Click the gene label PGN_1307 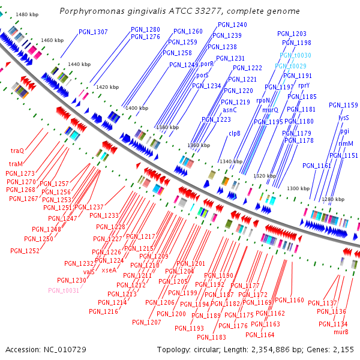point(93,32)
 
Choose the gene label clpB point(234,134)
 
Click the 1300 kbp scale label point(298,189)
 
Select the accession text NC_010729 point(62,349)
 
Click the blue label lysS point(343,118)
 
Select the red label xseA point(109,270)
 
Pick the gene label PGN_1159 point(343,105)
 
